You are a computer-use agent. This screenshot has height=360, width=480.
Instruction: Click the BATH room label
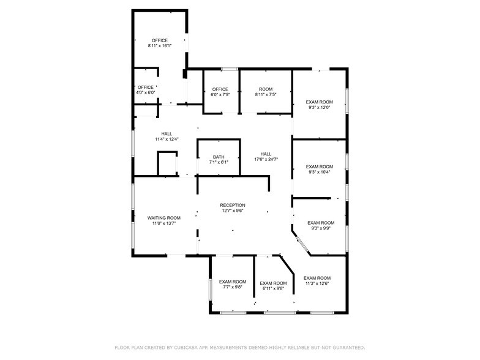pos(219,157)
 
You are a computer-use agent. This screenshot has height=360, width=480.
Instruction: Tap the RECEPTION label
pos(233,205)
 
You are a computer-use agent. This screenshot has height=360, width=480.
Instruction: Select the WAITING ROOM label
pos(164,218)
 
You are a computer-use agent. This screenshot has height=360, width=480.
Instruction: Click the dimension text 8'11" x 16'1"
pos(160,46)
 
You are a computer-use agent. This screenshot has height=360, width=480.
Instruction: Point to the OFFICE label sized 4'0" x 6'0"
pos(146,87)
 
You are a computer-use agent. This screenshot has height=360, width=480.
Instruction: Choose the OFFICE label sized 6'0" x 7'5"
pos(220,89)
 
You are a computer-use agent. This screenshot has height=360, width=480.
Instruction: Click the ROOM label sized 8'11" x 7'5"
pos(266,89)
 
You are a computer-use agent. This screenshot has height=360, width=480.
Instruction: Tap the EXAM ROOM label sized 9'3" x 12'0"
pos(320,102)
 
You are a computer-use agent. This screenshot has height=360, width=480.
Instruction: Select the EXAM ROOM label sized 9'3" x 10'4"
pos(320,167)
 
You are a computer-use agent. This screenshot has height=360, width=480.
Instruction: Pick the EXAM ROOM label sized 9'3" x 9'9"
pos(321,223)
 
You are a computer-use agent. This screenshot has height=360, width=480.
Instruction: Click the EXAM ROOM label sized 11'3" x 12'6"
pos(317,278)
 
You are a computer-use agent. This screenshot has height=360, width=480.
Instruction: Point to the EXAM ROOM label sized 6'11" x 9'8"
pos(273,283)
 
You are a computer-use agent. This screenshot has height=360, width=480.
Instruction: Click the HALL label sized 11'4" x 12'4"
pos(167,134)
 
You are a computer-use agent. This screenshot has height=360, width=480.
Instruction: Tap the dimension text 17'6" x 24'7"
pos(266,160)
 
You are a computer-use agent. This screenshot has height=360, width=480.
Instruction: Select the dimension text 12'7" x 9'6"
pos(233,211)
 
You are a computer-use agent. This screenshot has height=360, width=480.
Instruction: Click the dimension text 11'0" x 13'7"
pos(164,223)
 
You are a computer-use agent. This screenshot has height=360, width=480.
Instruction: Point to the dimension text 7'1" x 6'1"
pos(219,162)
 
